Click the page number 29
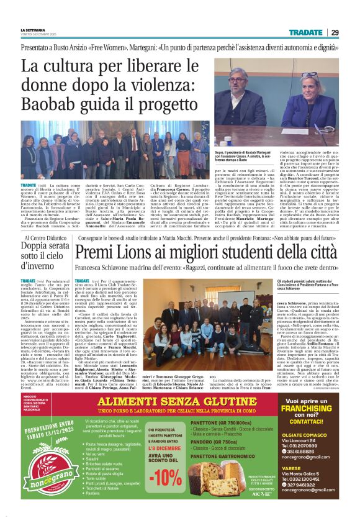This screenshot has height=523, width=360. click(351, 32)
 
